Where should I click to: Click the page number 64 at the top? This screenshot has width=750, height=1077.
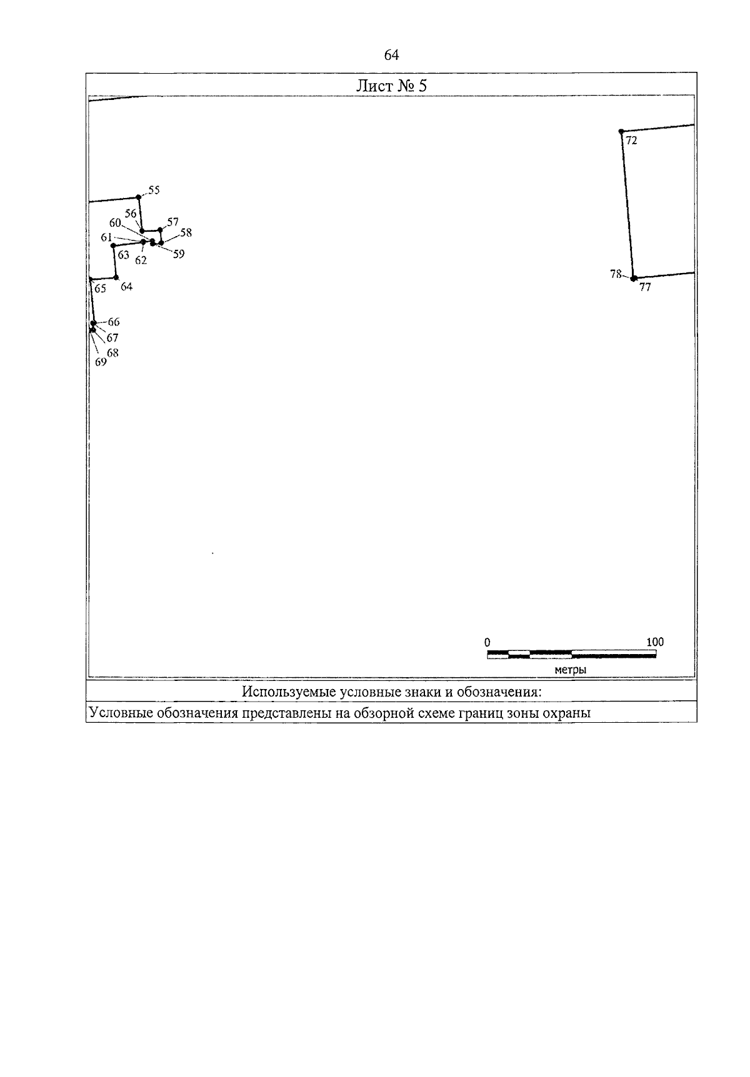[x=391, y=55]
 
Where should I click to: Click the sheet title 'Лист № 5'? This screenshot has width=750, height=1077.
[x=391, y=86]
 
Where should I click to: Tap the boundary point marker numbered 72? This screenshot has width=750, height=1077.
[x=621, y=131]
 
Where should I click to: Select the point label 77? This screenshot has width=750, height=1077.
[x=645, y=288]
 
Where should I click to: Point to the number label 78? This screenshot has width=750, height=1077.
[x=616, y=274]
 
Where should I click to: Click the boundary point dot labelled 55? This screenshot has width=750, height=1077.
[x=139, y=197]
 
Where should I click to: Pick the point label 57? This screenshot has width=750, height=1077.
[x=173, y=222]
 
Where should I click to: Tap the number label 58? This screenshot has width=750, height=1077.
[x=186, y=233]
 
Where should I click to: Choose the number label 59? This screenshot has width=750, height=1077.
[x=179, y=254]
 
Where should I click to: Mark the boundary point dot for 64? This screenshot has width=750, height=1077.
[x=116, y=277]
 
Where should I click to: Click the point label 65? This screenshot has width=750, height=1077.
[x=100, y=289]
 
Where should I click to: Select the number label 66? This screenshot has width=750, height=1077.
[x=114, y=322]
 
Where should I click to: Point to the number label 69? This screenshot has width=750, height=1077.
[x=101, y=361]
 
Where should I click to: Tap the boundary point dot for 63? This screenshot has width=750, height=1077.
[x=113, y=246]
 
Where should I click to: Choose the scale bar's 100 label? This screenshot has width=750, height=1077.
[x=655, y=642]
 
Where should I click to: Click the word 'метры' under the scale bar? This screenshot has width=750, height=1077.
[x=570, y=670]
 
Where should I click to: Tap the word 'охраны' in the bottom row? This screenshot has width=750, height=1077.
[x=567, y=713]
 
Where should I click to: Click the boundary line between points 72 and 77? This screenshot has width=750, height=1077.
[x=627, y=205]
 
